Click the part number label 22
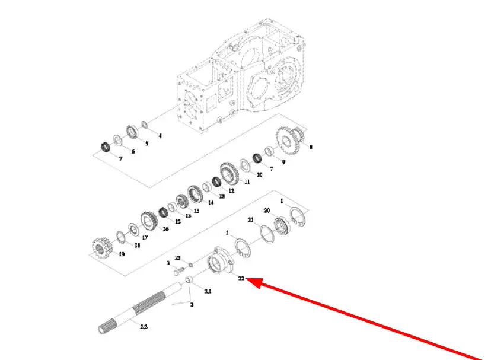(241, 277)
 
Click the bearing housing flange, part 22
(220, 262)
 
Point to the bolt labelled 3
(177, 272)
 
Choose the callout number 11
(247, 181)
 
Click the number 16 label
(165, 228)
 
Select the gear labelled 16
(149, 222)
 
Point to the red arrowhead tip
(245, 279)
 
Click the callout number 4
(160, 136)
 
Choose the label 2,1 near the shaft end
(208, 291)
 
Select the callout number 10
(259, 174)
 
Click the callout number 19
(121, 254)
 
